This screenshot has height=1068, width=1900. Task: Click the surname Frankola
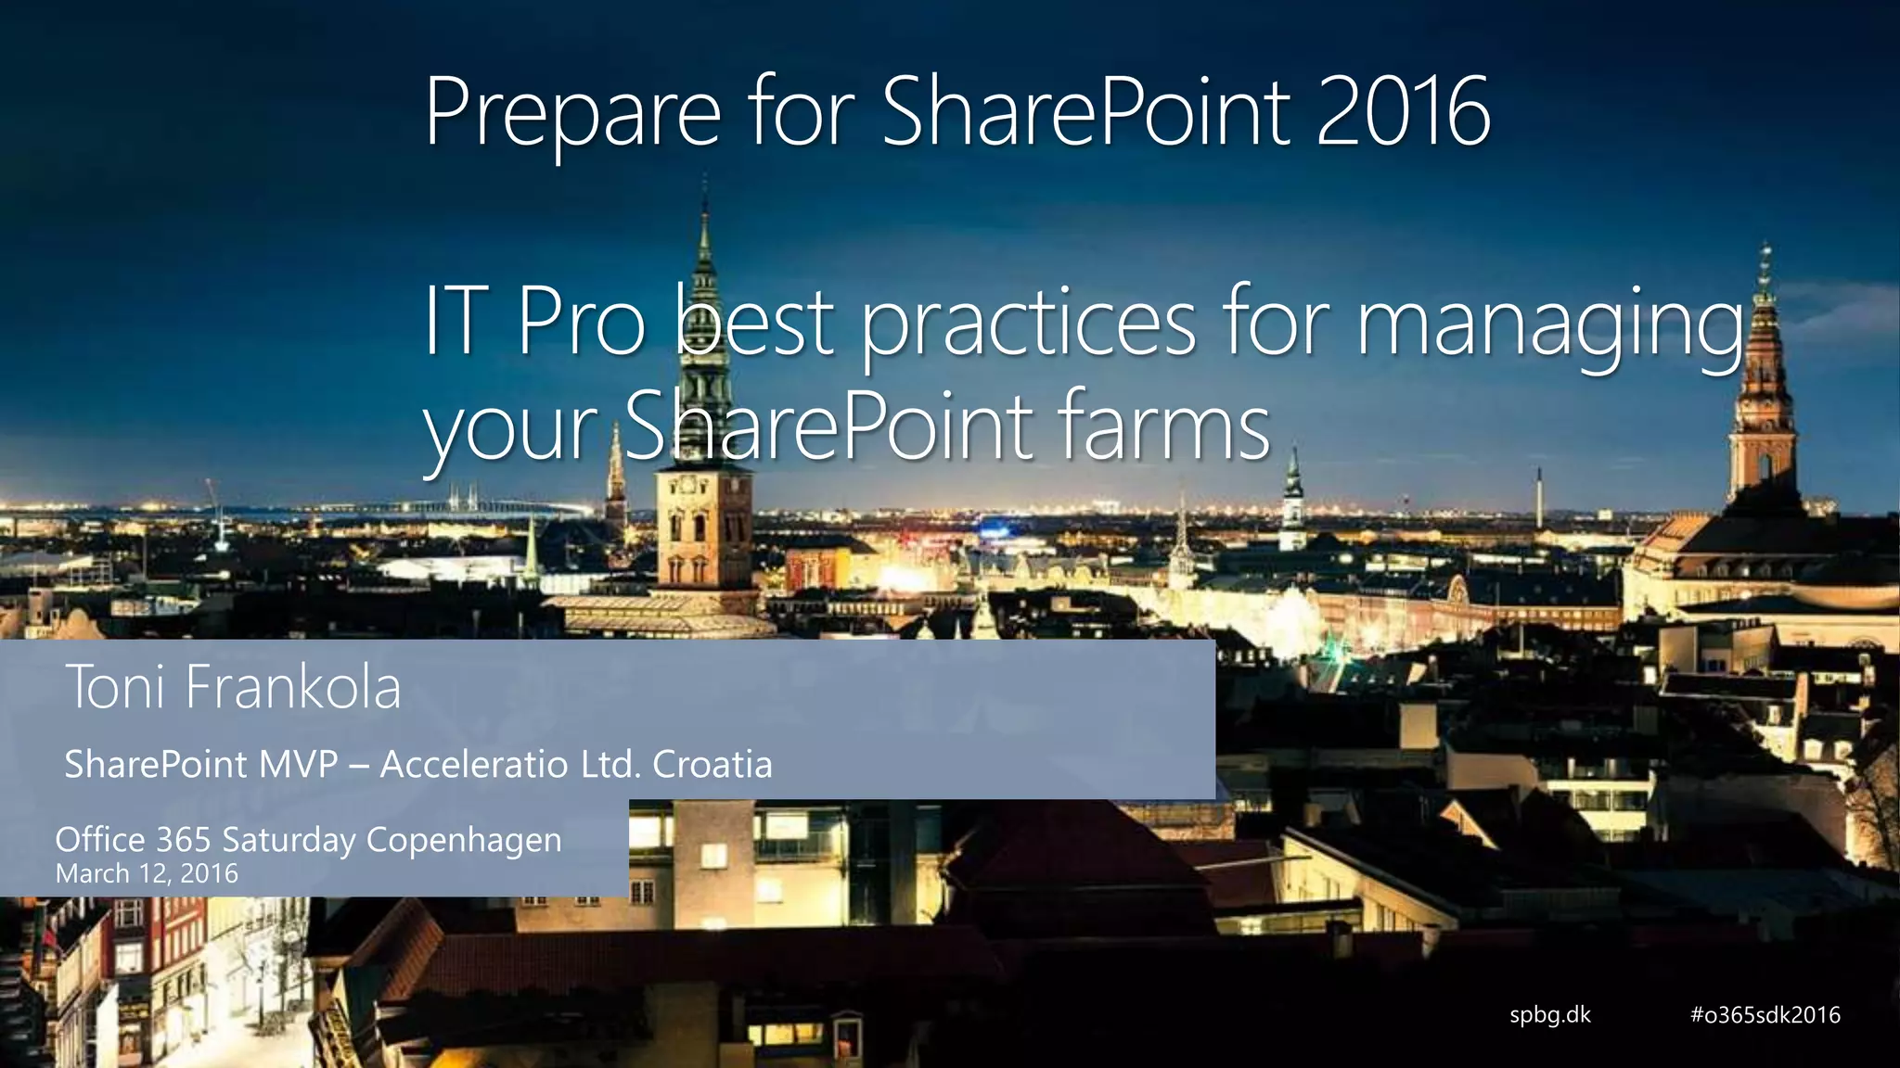point(292,688)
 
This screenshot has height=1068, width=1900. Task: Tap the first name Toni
point(116,688)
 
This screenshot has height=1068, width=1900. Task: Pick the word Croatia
point(712,765)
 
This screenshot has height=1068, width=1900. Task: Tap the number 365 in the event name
point(183,840)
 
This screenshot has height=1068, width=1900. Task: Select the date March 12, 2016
point(147,873)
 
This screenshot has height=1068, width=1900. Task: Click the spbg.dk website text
point(1549,1014)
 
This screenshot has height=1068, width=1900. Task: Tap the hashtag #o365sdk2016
point(1765,1014)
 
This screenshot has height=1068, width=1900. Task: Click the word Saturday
point(289,841)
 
